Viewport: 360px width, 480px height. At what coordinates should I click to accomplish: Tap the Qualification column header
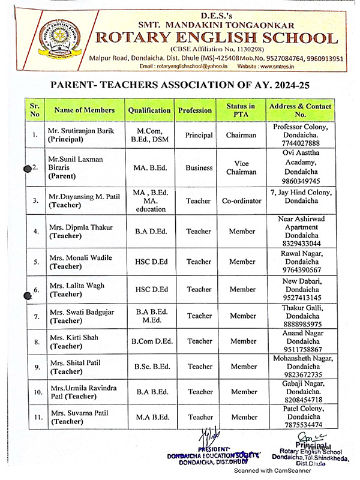[149, 110]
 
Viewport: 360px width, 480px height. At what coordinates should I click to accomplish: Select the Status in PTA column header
[241, 110]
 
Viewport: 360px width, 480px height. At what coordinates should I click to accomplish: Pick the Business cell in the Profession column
[199, 168]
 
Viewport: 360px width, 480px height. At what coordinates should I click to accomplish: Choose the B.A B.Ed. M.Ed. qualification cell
[149, 316]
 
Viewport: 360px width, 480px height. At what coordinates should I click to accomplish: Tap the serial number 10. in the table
[36, 392]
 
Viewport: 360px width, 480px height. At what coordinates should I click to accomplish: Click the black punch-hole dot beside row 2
[28, 169]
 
